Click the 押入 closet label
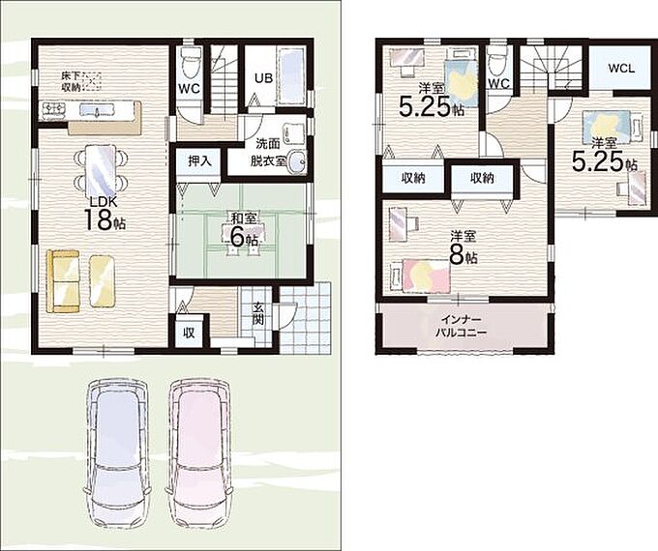click(x=199, y=160)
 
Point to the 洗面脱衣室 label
click(x=268, y=152)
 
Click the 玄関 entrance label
click(x=257, y=313)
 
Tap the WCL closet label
click(x=621, y=69)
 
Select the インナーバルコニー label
click(x=461, y=327)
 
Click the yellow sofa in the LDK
click(x=63, y=281)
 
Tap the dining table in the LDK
click(x=101, y=168)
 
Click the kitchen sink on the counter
click(x=97, y=110)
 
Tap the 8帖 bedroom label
click(x=464, y=247)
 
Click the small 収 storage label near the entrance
click(x=190, y=333)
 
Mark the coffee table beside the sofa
click(x=103, y=281)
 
